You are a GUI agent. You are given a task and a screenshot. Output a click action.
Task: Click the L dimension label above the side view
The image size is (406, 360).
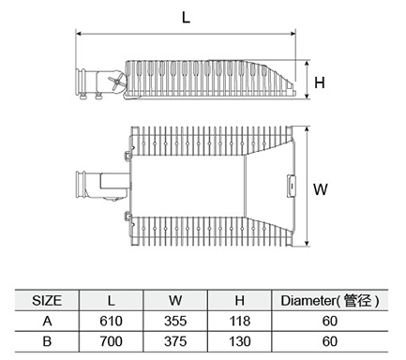pos(186,18)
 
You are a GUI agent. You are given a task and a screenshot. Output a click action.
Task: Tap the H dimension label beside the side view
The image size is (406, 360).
pos(320,82)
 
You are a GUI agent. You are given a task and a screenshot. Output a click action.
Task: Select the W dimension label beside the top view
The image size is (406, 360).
pos(321,189)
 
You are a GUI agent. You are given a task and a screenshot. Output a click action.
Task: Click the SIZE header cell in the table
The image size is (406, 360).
pos(47,301)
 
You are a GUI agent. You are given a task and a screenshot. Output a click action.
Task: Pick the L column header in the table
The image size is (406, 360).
pos(112,301)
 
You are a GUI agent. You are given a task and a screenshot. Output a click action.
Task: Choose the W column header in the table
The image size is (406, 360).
pos(175,301)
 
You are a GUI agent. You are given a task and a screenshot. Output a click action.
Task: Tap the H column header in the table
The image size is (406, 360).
pos(239,301)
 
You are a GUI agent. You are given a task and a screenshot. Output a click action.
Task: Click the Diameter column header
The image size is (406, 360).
pos(330,301)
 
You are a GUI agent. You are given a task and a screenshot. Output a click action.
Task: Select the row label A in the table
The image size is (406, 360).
pos(47,321)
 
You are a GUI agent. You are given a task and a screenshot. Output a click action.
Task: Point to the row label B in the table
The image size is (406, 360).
pos(47,341)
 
